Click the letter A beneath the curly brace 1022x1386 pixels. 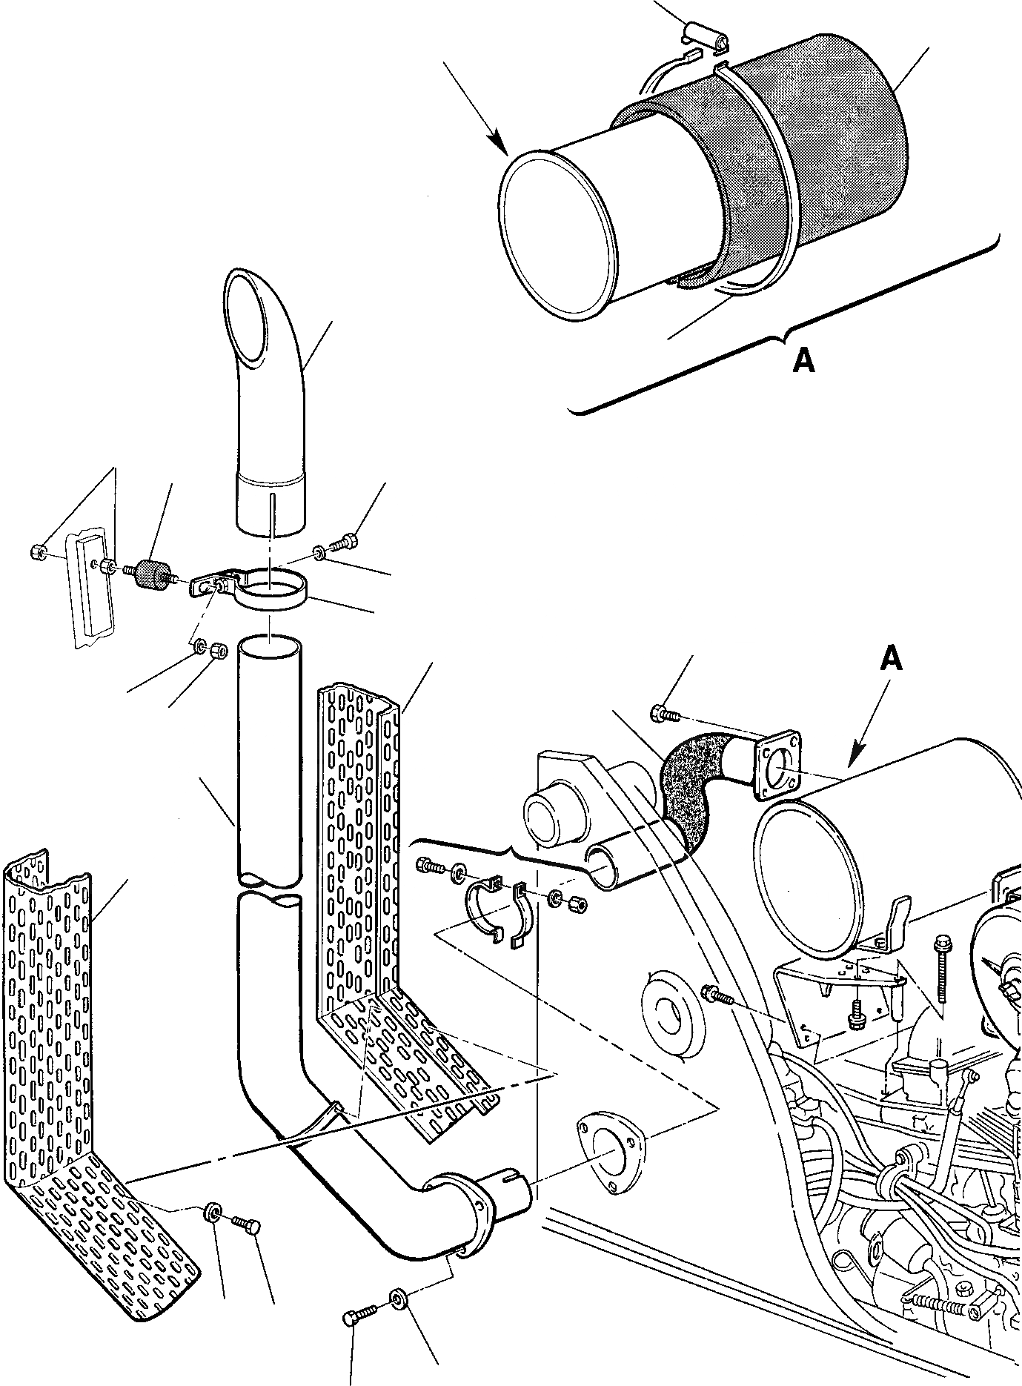pos(803,361)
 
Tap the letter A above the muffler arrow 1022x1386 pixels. pos(892,658)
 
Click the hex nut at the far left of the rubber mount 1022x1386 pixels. pos(39,551)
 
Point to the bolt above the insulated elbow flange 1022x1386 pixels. pos(661,714)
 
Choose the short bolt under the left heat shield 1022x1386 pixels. pos(246,1220)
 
